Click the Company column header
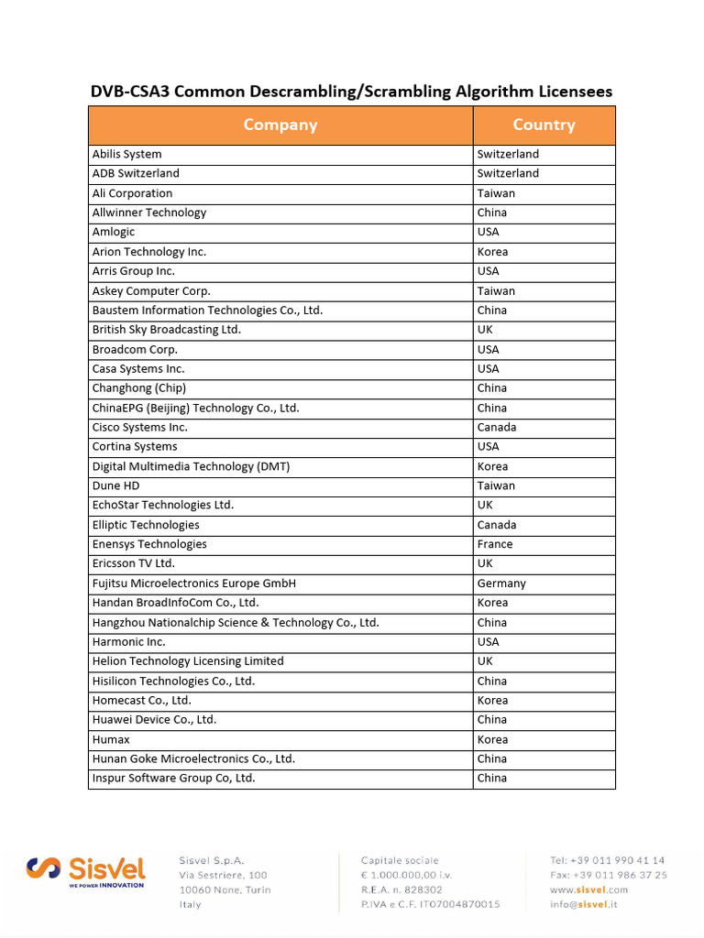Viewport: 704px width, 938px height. point(280,125)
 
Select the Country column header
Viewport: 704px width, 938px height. point(544,125)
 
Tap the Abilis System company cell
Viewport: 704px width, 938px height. point(127,154)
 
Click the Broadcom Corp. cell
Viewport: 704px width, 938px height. point(135,349)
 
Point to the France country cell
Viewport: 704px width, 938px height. point(495,544)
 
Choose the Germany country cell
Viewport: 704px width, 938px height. point(501,584)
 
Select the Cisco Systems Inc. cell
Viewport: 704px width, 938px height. point(139,427)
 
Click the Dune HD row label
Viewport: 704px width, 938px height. point(116,485)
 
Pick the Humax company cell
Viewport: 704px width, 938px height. point(111,739)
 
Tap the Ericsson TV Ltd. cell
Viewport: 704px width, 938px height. point(134,563)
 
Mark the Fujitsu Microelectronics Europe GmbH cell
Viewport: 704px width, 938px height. point(193,584)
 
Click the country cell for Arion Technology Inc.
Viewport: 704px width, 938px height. point(492,252)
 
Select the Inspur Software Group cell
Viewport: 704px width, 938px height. point(173,778)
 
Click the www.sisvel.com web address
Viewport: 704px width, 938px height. point(588,889)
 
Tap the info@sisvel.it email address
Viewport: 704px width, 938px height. point(584,904)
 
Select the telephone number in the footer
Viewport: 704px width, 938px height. point(608,860)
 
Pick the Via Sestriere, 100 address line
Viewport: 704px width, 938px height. point(223,875)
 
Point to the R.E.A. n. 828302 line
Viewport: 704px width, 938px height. point(401,889)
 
